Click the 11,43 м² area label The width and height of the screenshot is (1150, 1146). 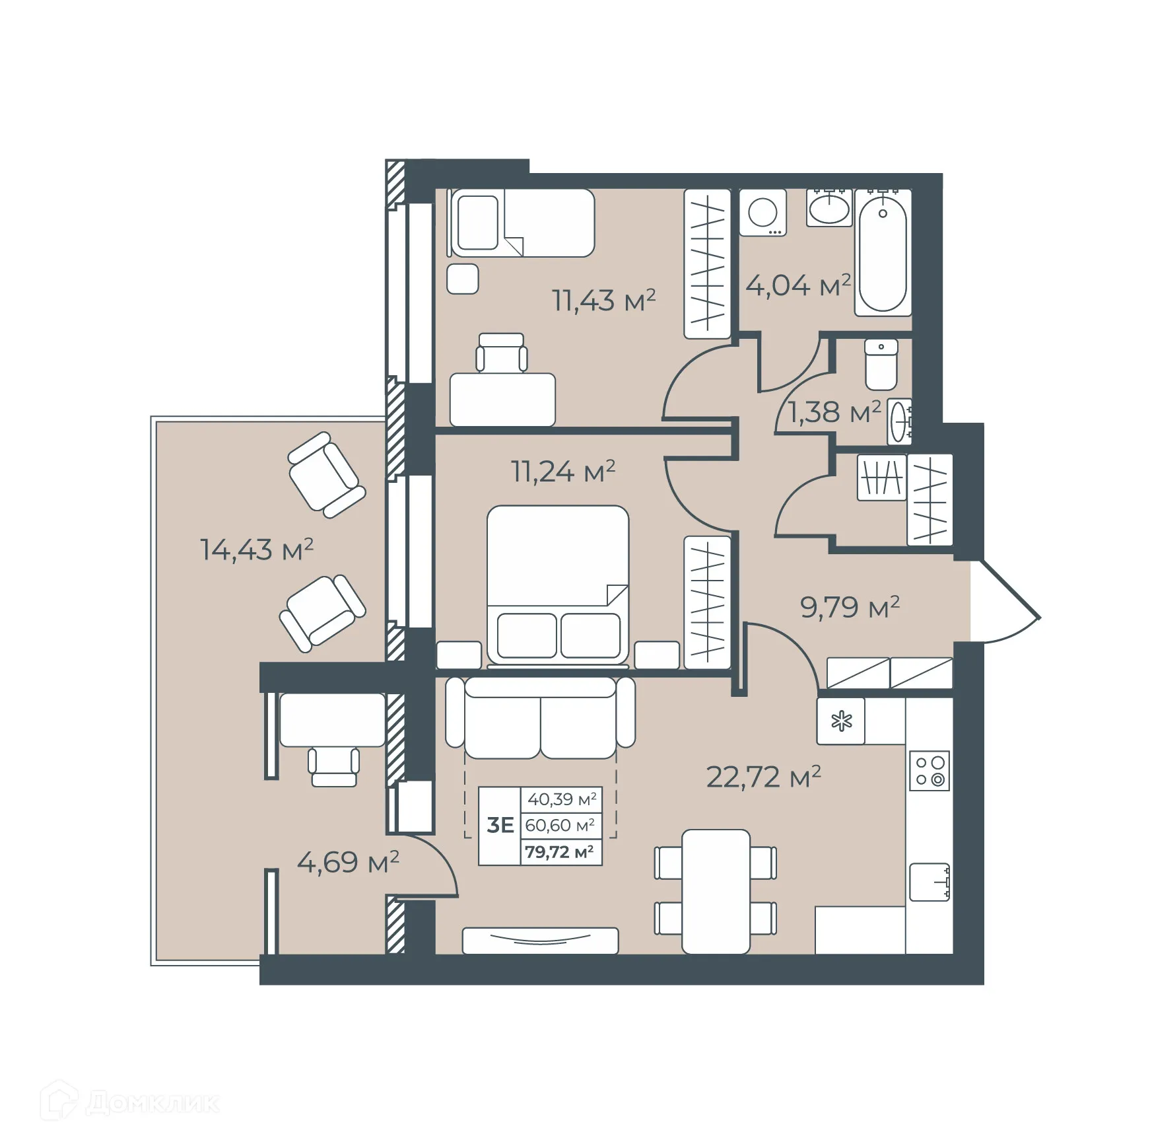pyautogui.click(x=603, y=301)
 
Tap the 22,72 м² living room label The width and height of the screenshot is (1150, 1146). pyautogui.click(x=763, y=777)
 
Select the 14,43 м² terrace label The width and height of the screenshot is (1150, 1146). pyautogui.click(x=256, y=550)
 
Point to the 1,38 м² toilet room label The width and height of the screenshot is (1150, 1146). pyautogui.click(x=834, y=413)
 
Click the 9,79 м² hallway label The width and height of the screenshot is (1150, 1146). pyautogui.click(x=850, y=607)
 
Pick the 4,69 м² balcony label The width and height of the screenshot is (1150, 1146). pyautogui.click(x=348, y=862)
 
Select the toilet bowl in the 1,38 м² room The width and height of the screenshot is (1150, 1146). pyautogui.click(x=881, y=365)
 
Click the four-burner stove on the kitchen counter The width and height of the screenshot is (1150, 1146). pyautogui.click(x=930, y=771)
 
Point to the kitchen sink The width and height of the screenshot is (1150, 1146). pyautogui.click(x=930, y=882)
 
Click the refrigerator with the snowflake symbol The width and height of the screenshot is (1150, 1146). pyautogui.click(x=841, y=721)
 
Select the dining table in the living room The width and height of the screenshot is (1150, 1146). pyautogui.click(x=716, y=892)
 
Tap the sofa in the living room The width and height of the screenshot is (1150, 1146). pyautogui.click(x=540, y=720)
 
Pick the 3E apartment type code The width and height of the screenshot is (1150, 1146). pyautogui.click(x=500, y=825)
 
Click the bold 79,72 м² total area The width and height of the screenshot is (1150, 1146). pyautogui.click(x=559, y=852)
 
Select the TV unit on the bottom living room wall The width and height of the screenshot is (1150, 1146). pyautogui.click(x=540, y=941)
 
